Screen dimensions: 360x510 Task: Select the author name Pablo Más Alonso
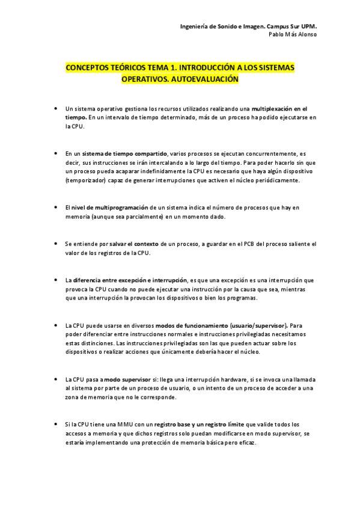pos(293,35)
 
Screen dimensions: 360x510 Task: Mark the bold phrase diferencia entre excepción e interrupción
pos(129,280)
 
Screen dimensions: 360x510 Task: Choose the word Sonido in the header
pos(226,26)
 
